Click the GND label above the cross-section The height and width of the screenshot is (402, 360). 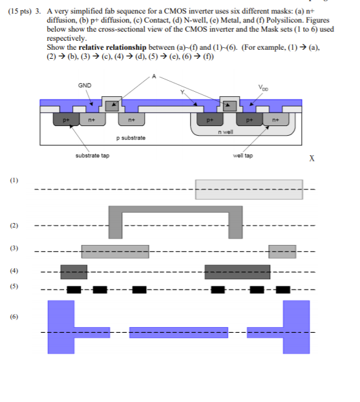pyautogui.click(x=84, y=85)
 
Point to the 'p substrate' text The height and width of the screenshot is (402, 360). pyautogui.click(x=131, y=138)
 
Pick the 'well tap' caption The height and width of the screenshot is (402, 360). pyautogui.click(x=242, y=156)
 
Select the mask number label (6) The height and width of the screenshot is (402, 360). pyautogui.click(x=14, y=317)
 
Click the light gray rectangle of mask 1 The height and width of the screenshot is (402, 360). pyautogui.click(x=248, y=189)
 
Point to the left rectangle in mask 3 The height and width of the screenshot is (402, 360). pyautogui.click(x=114, y=251)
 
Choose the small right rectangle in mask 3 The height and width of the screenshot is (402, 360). pyautogui.click(x=282, y=251)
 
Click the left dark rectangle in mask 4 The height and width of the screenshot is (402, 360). pyautogui.click(x=73, y=271)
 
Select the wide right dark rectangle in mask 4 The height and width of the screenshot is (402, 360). pyautogui.click(x=237, y=271)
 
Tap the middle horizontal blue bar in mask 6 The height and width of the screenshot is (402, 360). pyautogui.click(x=178, y=332)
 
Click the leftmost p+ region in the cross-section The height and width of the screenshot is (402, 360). pyautogui.click(x=65, y=120)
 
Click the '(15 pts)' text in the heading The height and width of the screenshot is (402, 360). pyautogui.click(x=18, y=12)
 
